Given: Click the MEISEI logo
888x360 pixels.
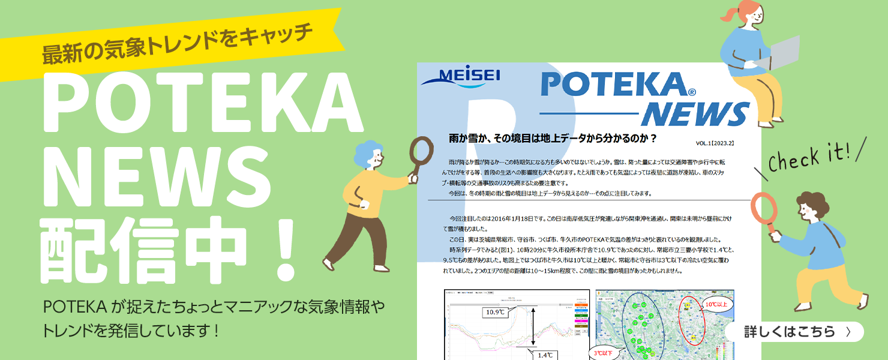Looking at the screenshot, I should [461, 77].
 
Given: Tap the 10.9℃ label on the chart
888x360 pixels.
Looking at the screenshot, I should [495, 312].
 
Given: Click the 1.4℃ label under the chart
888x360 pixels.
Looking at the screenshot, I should [544, 355].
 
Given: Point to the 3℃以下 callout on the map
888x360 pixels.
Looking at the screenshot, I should [603, 353].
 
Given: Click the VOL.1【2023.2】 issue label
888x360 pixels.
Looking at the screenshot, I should [715, 144].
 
